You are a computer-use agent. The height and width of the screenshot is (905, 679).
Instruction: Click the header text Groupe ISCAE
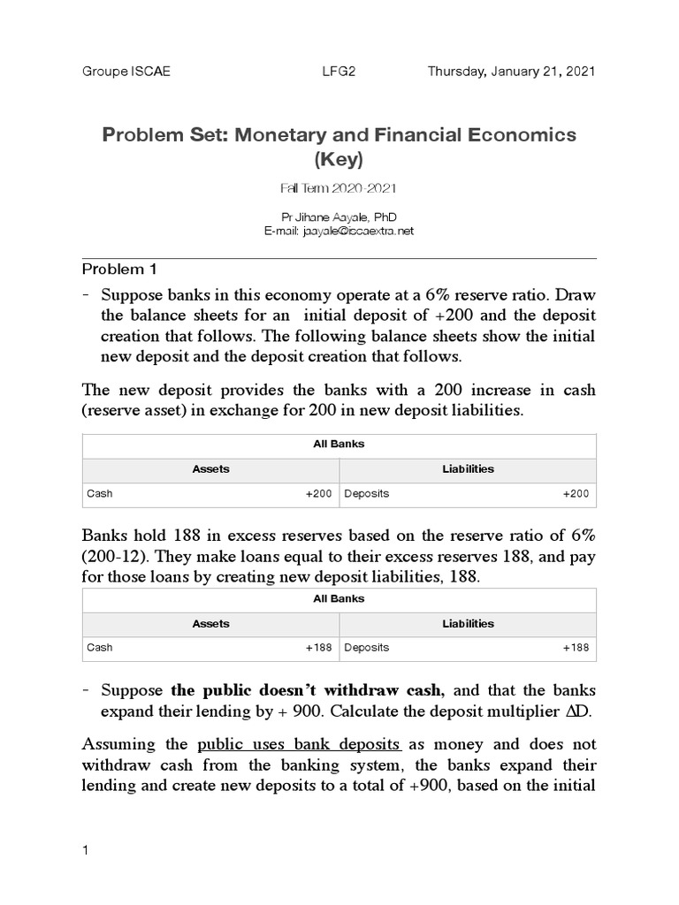tap(126, 72)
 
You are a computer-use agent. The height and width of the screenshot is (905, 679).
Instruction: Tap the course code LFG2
tap(339, 72)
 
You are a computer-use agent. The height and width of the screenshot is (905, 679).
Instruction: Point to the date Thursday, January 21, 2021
tap(512, 72)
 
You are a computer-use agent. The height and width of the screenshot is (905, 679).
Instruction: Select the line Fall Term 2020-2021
tap(339, 190)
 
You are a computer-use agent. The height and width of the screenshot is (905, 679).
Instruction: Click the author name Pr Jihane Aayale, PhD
tap(339, 217)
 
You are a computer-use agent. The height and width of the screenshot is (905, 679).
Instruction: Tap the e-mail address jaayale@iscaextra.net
tap(339, 230)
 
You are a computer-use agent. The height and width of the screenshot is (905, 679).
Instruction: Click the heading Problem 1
tap(118, 270)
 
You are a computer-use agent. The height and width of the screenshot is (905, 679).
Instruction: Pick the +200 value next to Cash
tap(318, 494)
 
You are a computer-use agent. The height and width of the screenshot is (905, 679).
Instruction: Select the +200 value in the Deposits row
tap(576, 494)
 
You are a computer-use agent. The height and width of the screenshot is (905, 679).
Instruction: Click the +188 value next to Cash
tap(318, 648)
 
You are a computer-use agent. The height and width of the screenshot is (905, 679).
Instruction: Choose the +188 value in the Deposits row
tap(576, 648)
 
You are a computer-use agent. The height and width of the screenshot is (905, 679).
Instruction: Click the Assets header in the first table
tap(210, 469)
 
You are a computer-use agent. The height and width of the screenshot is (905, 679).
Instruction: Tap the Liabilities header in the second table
tap(468, 623)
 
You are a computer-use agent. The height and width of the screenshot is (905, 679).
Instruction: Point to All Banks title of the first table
tap(339, 445)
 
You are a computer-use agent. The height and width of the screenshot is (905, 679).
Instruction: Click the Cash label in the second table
tap(100, 648)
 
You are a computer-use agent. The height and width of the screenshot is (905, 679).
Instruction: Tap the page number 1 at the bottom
tap(85, 851)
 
